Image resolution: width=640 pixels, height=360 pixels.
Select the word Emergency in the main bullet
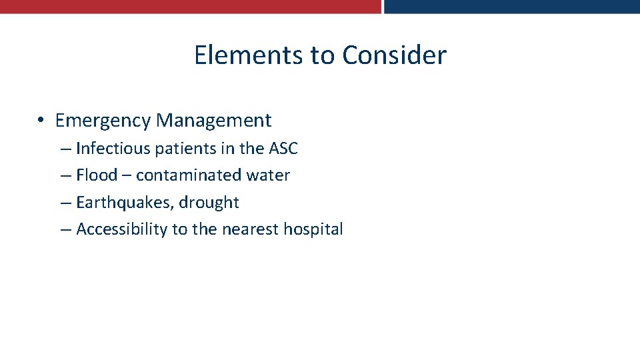coord(103,121)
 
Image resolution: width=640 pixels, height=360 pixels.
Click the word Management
coord(213,121)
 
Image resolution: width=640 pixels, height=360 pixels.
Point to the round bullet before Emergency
coord(41,121)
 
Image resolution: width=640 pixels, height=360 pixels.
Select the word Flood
coord(97,175)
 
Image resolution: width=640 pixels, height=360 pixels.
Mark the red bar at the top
coord(190,7)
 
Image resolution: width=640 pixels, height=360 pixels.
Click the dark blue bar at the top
coord(512,7)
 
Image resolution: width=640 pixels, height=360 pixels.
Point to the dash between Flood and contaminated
coord(127,176)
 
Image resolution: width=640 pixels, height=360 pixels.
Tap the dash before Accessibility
coord(65,230)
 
